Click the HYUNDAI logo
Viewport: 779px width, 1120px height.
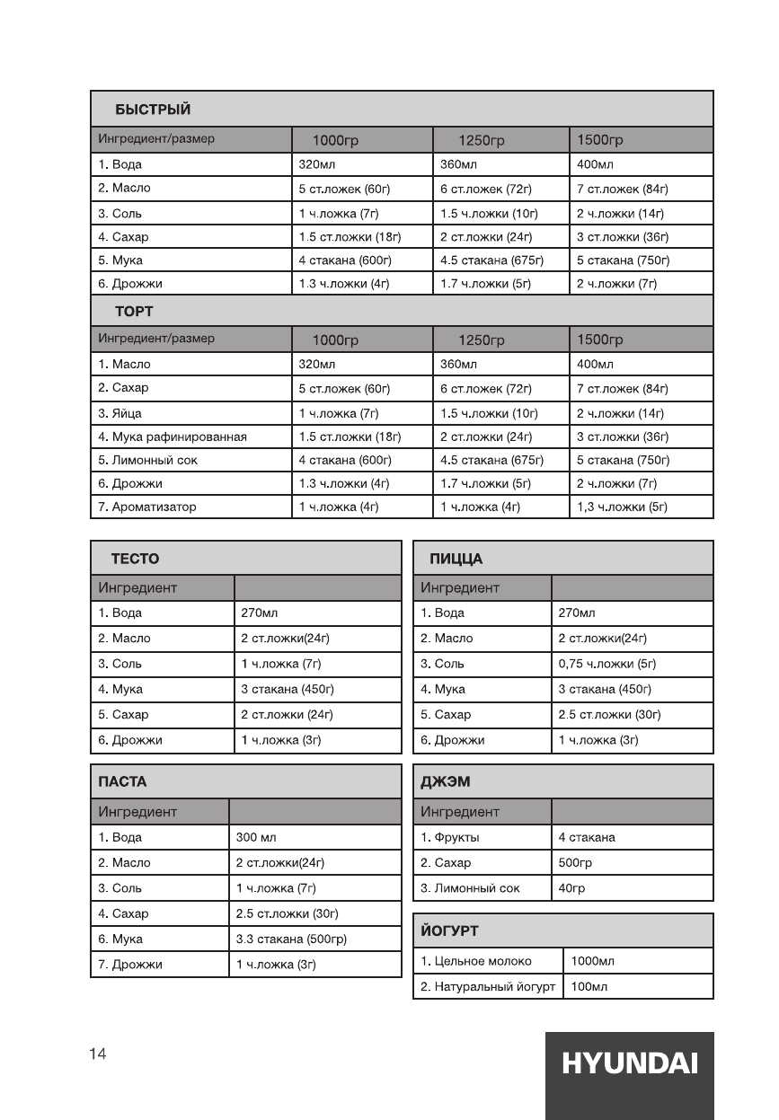pyautogui.click(x=629, y=1063)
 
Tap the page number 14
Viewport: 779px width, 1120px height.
pyautogui.click(x=98, y=1054)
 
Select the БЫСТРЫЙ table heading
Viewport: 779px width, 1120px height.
pyautogui.click(x=153, y=110)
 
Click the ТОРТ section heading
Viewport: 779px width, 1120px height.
pyautogui.click(x=134, y=312)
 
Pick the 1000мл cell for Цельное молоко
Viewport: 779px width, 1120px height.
pyautogui.click(x=593, y=961)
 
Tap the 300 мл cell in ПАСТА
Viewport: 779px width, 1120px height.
pyautogui.click(x=257, y=837)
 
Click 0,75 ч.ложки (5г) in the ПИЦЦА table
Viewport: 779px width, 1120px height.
pyautogui.click(x=607, y=665)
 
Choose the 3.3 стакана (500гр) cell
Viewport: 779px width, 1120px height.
pyautogui.click(x=291, y=939)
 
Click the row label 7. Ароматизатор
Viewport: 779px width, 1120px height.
pyautogui.click(x=147, y=507)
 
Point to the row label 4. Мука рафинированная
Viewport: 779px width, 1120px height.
pyautogui.click(x=173, y=437)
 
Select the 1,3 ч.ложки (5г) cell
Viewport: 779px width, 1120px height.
pyautogui.click(x=622, y=507)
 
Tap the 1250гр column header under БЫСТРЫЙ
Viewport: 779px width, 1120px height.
pyautogui.click(x=482, y=141)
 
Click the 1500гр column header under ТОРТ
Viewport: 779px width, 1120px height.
pyautogui.click(x=600, y=340)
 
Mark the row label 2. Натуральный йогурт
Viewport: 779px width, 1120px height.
pyautogui.click(x=488, y=987)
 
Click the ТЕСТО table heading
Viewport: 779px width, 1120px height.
pyautogui.click(x=135, y=559)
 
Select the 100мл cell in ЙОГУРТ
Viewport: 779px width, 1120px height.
pyautogui.click(x=589, y=987)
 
